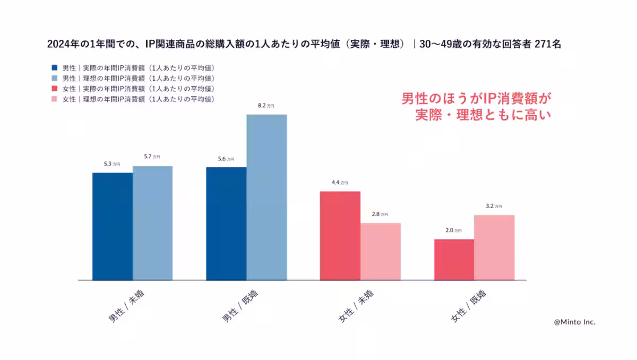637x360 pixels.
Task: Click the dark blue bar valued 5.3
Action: click(113, 226)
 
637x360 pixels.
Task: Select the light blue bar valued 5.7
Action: click(152, 223)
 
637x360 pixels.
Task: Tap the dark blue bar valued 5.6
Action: click(226, 224)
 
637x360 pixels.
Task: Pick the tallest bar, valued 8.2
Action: click(266, 197)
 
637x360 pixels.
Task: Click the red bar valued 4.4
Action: click(340, 235)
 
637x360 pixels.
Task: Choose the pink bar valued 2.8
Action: click(380, 251)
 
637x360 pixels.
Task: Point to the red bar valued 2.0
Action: click(454, 259)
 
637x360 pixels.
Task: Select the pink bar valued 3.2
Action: click(494, 247)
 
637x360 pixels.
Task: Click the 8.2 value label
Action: click(266, 106)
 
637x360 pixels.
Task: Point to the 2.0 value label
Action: click(453, 230)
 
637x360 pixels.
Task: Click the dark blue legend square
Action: click(55, 68)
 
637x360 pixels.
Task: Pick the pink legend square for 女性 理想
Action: click(55, 99)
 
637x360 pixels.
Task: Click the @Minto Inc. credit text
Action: click(574, 322)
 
